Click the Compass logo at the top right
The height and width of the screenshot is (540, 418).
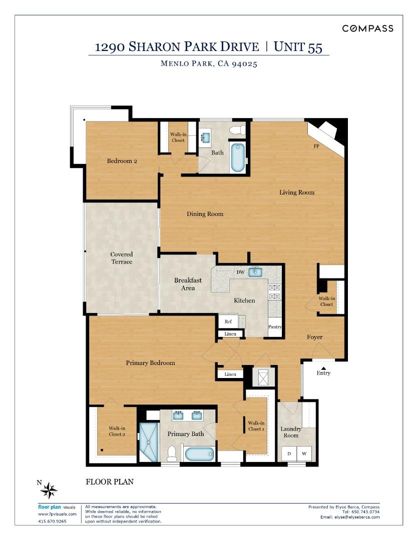[367, 28]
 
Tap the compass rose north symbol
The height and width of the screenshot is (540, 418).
[49, 490]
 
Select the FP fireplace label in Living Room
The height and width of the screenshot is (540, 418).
[316, 146]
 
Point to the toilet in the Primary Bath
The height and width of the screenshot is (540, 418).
[172, 453]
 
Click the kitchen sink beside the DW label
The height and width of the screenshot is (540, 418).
[256, 271]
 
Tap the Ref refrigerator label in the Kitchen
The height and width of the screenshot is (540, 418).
[228, 321]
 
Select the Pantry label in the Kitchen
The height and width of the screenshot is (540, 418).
[275, 327]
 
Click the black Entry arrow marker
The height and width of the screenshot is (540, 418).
[323, 368]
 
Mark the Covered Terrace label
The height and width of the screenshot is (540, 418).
[122, 258]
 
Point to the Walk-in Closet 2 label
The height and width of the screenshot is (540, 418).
[117, 431]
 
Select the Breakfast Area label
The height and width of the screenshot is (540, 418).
[188, 284]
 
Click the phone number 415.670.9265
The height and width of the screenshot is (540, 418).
[52, 521]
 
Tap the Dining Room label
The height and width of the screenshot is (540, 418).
[205, 214]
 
